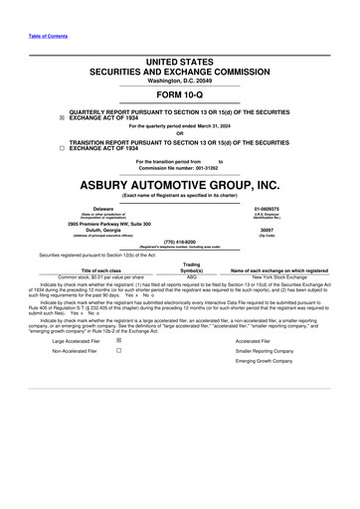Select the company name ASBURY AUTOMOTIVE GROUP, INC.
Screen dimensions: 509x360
[x=180, y=185]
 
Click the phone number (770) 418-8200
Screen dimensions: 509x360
[x=179, y=241]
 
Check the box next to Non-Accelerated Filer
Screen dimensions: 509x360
[x=118, y=351]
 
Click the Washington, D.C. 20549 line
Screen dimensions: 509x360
[x=179, y=80]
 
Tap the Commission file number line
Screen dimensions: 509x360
[x=179, y=167]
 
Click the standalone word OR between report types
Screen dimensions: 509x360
[x=179, y=134]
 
